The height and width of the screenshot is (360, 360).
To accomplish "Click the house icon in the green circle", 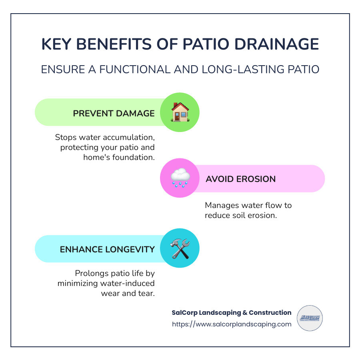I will click(180, 112).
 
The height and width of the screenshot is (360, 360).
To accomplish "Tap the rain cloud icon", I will click(180, 178).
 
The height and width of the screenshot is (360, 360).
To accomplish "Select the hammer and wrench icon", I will click(180, 248).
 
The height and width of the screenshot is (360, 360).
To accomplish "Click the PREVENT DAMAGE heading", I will click(114, 113).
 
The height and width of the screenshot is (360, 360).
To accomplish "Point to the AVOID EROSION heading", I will click(240, 179).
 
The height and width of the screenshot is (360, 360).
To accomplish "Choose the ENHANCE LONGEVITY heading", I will click(107, 249).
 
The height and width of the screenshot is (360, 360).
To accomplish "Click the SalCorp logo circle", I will click(310, 318).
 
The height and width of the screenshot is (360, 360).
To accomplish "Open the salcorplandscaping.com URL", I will click(232, 324).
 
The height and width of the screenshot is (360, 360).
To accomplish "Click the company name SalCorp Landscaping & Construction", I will click(231, 312).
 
